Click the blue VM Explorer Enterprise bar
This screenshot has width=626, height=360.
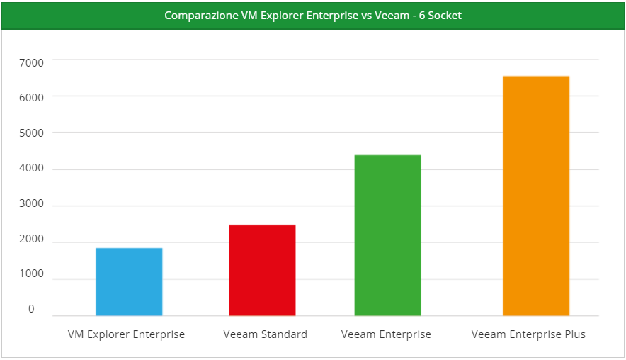[129, 282]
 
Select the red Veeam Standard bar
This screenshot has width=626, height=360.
[262, 270]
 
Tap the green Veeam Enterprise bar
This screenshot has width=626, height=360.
[387, 235]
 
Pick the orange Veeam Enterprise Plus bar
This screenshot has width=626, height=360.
[536, 196]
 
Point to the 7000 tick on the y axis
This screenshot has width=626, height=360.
[31, 62]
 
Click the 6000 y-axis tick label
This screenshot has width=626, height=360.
[31, 96]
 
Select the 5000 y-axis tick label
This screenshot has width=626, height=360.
[31, 133]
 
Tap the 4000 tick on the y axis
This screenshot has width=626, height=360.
[31, 169]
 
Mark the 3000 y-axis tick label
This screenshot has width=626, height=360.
[31, 204]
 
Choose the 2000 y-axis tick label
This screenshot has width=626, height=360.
[31, 240]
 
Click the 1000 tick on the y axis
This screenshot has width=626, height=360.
[31, 274]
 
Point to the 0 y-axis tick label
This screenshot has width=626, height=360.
[31, 309]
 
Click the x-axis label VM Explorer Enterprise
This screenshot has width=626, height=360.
[126, 334]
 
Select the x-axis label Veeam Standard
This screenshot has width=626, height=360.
[265, 334]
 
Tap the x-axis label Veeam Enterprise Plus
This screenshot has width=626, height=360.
[528, 334]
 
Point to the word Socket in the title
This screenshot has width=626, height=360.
[444, 16]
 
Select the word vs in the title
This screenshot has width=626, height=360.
[367, 16]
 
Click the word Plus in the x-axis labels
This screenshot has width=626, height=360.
[574, 334]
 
